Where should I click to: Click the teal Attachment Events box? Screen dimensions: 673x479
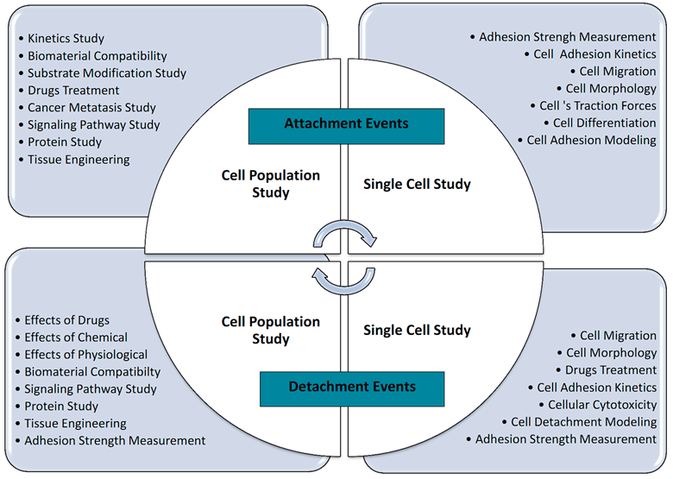[346, 126]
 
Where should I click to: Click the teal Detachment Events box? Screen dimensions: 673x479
[352, 389]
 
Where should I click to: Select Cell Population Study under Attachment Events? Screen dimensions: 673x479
[270, 184]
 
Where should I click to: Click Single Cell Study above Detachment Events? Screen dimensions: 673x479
[417, 330]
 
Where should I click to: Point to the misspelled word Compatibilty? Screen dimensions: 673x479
[127, 372]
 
